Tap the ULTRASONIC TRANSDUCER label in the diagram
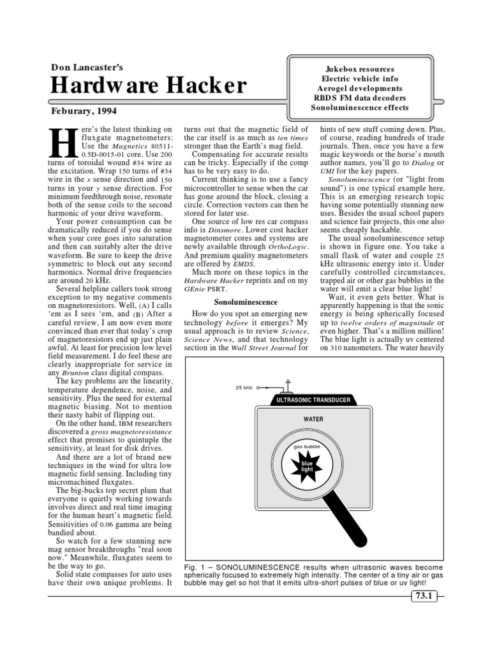pos(313,400)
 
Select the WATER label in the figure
pos(313,420)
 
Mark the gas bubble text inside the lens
pos(307,448)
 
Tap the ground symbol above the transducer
pos(288,383)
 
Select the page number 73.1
pos(422,596)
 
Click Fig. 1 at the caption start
pos(194,566)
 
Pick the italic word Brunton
pos(76,372)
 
